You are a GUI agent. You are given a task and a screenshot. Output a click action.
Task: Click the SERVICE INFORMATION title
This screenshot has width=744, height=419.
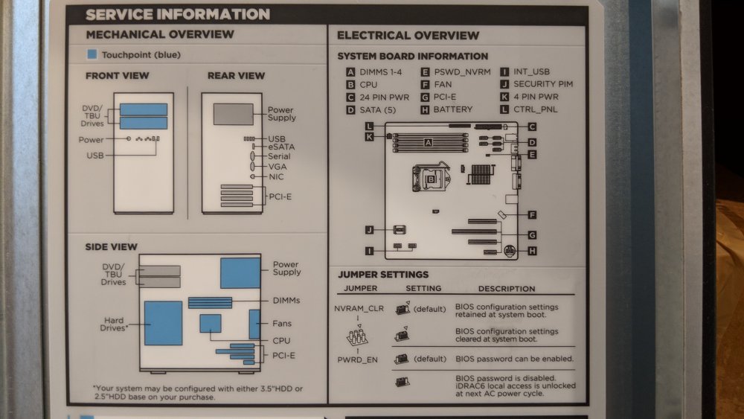pyautogui.click(x=178, y=14)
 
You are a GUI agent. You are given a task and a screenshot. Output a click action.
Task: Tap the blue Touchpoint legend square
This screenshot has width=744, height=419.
pyautogui.click(x=92, y=54)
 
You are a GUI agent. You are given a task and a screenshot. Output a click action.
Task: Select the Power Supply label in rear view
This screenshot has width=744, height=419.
pyautogui.click(x=282, y=114)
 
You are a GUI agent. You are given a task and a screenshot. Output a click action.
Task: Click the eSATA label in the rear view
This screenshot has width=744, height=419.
pyautogui.click(x=281, y=147)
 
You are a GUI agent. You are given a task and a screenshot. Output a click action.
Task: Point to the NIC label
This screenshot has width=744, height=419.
pyautogui.click(x=276, y=176)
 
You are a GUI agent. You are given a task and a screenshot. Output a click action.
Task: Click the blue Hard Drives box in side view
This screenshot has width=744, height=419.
pyautogui.click(x=163, y=323)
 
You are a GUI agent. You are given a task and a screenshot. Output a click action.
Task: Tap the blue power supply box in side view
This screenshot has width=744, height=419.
pyautogui.click(x=240, y=273)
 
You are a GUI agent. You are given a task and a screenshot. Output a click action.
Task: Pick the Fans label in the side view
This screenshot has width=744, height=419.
pyautogui.click(x=282, y=324)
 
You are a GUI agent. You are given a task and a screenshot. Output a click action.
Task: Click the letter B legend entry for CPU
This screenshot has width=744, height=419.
pyautogui.click(x=350, y=84)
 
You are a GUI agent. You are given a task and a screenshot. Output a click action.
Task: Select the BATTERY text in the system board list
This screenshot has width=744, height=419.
pyautogui.click(x=452, y=109)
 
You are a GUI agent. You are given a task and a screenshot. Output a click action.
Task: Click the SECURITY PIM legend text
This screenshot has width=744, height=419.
pyautogui.click(x=543, y=84)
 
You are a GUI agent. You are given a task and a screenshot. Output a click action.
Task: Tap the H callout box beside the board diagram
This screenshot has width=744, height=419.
pyautogui.click(x=532, y=251)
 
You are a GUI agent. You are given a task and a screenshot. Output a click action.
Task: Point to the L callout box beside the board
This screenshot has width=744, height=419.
pyautogui.click(x=369, y=127)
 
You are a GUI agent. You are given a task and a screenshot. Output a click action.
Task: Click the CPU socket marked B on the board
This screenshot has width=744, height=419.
pyautogui.click(x=431, y=178)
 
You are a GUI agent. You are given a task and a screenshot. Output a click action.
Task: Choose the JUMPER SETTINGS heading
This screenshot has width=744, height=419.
pyautogui.click(x=383, y=275)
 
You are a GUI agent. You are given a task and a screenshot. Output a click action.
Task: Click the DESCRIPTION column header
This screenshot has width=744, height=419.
pyautogui.click(x=506, y=289)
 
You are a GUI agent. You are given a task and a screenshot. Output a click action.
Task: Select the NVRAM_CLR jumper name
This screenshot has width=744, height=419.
pyautogui.click(x=359, y=308)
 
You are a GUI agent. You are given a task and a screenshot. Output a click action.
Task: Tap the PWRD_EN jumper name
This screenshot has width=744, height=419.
pyautogui.click(x=357, y=359)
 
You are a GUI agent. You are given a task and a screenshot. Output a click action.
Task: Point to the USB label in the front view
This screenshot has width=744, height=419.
pyautogui.click(x=95, y=155)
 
